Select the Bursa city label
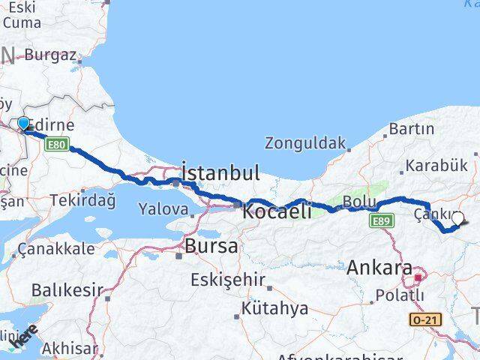click(x=211, y=245)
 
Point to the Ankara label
click(x=379, y=268)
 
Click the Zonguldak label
click(x=305, y=142)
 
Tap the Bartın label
click(x=412, y=129)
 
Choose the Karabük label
click(x=431, y=166)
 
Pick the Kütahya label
click(x=274, y=308)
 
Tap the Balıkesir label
click(x=67, y=289)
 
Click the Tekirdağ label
click(x=82, y=200)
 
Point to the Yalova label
click(x=162, y=209)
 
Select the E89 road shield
click(x=382, y=220)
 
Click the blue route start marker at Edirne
click(x=23, y=124)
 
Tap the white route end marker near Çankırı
click(x=457, y=219)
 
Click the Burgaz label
click(x=50, y=54)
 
